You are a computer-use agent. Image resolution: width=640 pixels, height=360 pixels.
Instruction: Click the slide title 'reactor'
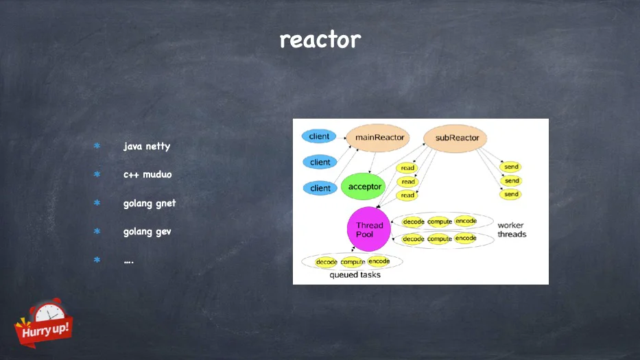coord(320,40)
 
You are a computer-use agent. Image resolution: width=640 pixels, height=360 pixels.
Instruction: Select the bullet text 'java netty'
coord(147,146)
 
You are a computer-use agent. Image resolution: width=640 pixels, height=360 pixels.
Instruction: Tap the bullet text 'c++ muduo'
coord(147,174)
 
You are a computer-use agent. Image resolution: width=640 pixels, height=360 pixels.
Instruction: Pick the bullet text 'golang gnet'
coord(150,203)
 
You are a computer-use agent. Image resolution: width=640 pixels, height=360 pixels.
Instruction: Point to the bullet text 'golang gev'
coord(147,232)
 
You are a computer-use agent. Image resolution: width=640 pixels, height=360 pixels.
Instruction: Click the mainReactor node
coord(378,138)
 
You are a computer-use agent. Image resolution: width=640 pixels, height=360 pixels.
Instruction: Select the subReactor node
coord(455,138)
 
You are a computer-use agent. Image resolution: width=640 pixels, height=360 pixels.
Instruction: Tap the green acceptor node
coord(364,187)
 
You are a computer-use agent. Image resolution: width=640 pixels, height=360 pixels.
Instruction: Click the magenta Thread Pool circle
coord(369,229)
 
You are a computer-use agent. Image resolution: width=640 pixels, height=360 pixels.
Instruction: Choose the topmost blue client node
coord(319,136)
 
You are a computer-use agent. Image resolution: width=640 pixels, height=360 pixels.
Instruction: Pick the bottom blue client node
coord(320,188)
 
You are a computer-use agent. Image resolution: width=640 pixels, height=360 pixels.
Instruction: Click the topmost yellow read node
coord(407,168)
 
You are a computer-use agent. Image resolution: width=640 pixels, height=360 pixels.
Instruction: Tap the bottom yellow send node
coord(511,194)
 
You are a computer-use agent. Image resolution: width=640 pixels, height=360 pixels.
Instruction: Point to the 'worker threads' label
coord(512,230)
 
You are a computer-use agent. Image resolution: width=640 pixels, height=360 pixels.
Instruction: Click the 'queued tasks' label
coord(355,275)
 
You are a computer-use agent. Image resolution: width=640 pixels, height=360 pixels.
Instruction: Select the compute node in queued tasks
coord(353,262)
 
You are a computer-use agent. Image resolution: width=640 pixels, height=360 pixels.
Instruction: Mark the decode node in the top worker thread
coord(414,221)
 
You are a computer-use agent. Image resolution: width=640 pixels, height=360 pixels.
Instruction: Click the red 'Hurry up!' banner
coord(44,329)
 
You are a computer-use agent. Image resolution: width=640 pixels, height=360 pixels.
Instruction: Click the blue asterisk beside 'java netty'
coord(97,145)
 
